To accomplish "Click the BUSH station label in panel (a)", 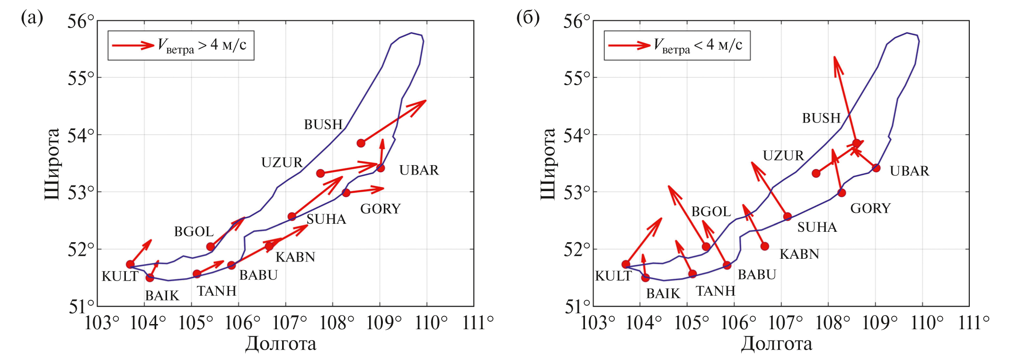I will click(323, 124).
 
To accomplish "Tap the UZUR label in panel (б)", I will click(783, 156).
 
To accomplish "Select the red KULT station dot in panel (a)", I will click(130, 264).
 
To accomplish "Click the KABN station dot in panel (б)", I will click(765, 246).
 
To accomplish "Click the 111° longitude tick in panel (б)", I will click(974, 323).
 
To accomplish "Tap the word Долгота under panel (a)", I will click(281, 344).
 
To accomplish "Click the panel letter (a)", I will click(32, 18).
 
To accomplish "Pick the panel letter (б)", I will click(528, 18).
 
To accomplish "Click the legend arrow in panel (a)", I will click(133, 45).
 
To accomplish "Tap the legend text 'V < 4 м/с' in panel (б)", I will click(698, 45).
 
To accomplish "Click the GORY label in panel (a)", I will click(381, 209).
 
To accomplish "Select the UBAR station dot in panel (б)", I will click(876, 168).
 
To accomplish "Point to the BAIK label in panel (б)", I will click(663, 294).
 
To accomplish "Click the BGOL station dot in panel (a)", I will click(211, 246).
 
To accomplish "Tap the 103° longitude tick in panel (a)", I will click(101, 323).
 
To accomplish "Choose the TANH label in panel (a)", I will click(217, 291).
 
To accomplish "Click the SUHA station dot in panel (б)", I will click(788, 217).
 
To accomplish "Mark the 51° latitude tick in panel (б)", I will click(577, 307).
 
